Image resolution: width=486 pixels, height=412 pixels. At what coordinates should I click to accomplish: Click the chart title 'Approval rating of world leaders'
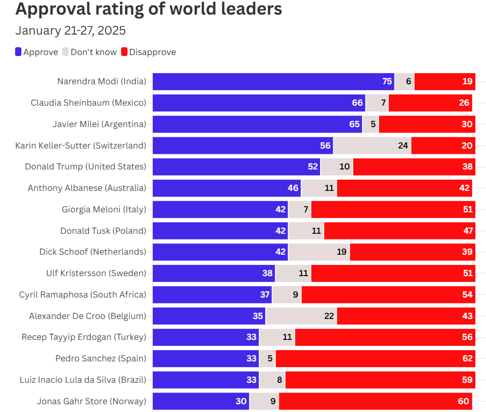(148, 9)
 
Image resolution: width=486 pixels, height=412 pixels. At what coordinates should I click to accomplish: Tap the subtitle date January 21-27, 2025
(71, 31)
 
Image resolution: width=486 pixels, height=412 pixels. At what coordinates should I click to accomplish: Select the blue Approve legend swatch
(18, 52)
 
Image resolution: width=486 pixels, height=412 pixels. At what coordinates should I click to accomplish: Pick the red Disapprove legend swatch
(125, 52)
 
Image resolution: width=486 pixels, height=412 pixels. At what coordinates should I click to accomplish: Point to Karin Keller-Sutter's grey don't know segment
(372, 146)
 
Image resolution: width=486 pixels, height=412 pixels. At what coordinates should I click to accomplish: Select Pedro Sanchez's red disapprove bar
(375, 358)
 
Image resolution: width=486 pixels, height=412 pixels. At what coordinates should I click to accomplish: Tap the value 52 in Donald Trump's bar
(313, 167)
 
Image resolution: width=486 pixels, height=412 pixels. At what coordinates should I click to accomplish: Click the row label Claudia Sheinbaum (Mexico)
(88, 103)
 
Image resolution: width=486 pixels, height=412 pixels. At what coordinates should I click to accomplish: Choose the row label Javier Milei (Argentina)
(99, 124)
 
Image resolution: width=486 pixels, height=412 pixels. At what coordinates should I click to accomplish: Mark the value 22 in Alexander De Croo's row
(329, 316)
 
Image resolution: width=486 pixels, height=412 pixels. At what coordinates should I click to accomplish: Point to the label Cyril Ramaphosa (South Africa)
(83, 295)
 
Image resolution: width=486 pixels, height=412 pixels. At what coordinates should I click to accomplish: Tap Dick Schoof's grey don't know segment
(319, 252)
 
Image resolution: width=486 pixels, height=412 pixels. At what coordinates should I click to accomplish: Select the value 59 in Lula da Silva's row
(468, 380)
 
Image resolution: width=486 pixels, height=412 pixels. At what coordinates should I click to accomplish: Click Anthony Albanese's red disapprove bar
(404, 188)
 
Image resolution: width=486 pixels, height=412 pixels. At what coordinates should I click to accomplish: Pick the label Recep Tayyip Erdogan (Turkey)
(84, 337)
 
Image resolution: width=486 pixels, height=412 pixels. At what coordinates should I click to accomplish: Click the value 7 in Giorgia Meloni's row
(306, 209)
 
